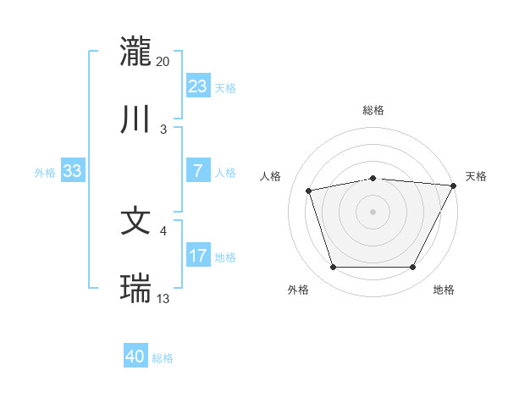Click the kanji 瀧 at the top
point(136,51)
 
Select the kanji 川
point(136,119)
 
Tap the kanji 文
point(136,221)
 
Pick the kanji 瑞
point(136,289)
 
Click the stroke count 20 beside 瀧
point(163,61)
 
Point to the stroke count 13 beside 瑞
point(163,298)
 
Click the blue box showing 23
point(197,86)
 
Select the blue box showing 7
point(197,170)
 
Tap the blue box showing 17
point(197,255)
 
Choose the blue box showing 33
point(72,171)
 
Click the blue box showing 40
point(135,357)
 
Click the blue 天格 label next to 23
point(225,87)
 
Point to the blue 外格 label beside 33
point(45,173)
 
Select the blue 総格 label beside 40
point(163,358)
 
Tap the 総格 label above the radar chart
point(373,111)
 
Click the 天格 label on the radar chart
point(476,176)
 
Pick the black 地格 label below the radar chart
point(444,290)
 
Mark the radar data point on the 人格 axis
point(309,191)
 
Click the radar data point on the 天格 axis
point(454,185)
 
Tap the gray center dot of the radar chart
point(373,211)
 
